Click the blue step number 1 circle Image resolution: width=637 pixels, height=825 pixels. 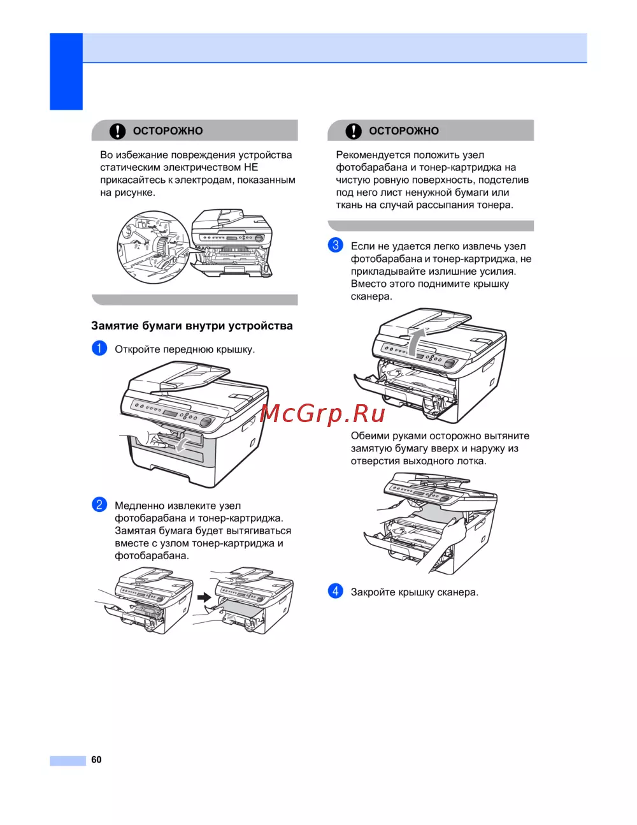(99, 348)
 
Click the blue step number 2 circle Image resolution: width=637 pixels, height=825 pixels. (99, 504)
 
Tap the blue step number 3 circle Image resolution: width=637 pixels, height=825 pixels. (336, 245)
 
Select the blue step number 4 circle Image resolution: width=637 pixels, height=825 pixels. (336, 591)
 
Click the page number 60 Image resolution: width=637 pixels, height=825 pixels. (96, 759)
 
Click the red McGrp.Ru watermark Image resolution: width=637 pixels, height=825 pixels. (323, 414)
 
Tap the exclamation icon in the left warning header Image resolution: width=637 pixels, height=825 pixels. (118, 131)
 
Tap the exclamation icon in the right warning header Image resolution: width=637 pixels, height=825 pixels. (354, 131)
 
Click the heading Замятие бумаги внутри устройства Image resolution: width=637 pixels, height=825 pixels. (192, 326)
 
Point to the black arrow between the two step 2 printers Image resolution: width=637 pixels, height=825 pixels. (204, 597)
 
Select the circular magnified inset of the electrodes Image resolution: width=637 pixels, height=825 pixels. (154, 247)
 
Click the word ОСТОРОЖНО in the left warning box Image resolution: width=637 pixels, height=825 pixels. (168, 131)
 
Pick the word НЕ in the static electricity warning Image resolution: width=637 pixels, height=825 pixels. (251, 168)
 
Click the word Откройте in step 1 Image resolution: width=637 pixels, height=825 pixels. (137, 349)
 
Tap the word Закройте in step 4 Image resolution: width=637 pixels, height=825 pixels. (373, 592)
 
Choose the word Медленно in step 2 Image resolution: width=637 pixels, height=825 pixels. (140, 506)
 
